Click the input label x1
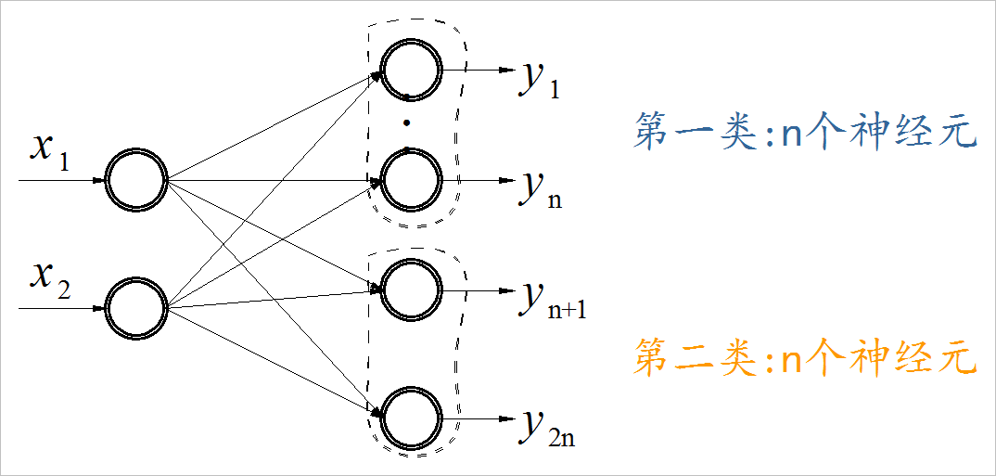(x=48, y=151)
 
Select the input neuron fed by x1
(x=134, y=179)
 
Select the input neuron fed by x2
(x=134, y=306)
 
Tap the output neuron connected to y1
(x=409, y=69)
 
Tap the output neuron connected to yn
(x=409, y=179)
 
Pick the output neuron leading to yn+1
(x=409, y=289)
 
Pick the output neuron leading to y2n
(x=409, y=418)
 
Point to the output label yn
(x=541, y=191)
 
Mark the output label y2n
(x=547, y=430)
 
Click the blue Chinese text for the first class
(x=804, y=133)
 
